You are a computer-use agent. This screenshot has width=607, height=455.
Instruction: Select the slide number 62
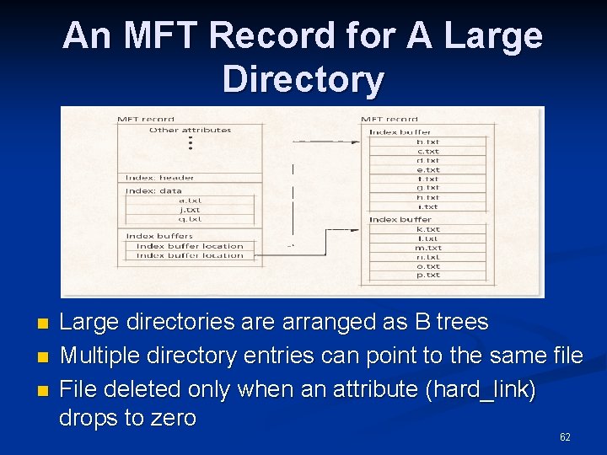[565, 436]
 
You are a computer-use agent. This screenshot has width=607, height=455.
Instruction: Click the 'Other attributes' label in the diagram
[190, 130]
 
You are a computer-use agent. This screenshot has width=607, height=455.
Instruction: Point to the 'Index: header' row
[160, 178]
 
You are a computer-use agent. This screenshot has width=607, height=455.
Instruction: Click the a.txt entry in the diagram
[190, 200]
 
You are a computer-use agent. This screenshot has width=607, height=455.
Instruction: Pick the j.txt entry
[190, 209]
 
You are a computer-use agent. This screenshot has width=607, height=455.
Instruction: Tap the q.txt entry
[190, 218]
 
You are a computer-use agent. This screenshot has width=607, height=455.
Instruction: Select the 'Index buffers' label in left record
[159, 236]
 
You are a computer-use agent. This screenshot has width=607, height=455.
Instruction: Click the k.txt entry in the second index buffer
[427, 229]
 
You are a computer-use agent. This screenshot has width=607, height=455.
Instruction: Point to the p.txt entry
[427, 275]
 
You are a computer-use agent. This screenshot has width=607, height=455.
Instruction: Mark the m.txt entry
[427, 248]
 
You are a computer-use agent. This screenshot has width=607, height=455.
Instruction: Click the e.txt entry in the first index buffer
[427, 169]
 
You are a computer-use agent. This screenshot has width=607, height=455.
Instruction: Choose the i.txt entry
[427, 206]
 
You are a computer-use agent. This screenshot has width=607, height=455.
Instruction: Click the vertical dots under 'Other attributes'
[191, 143]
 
